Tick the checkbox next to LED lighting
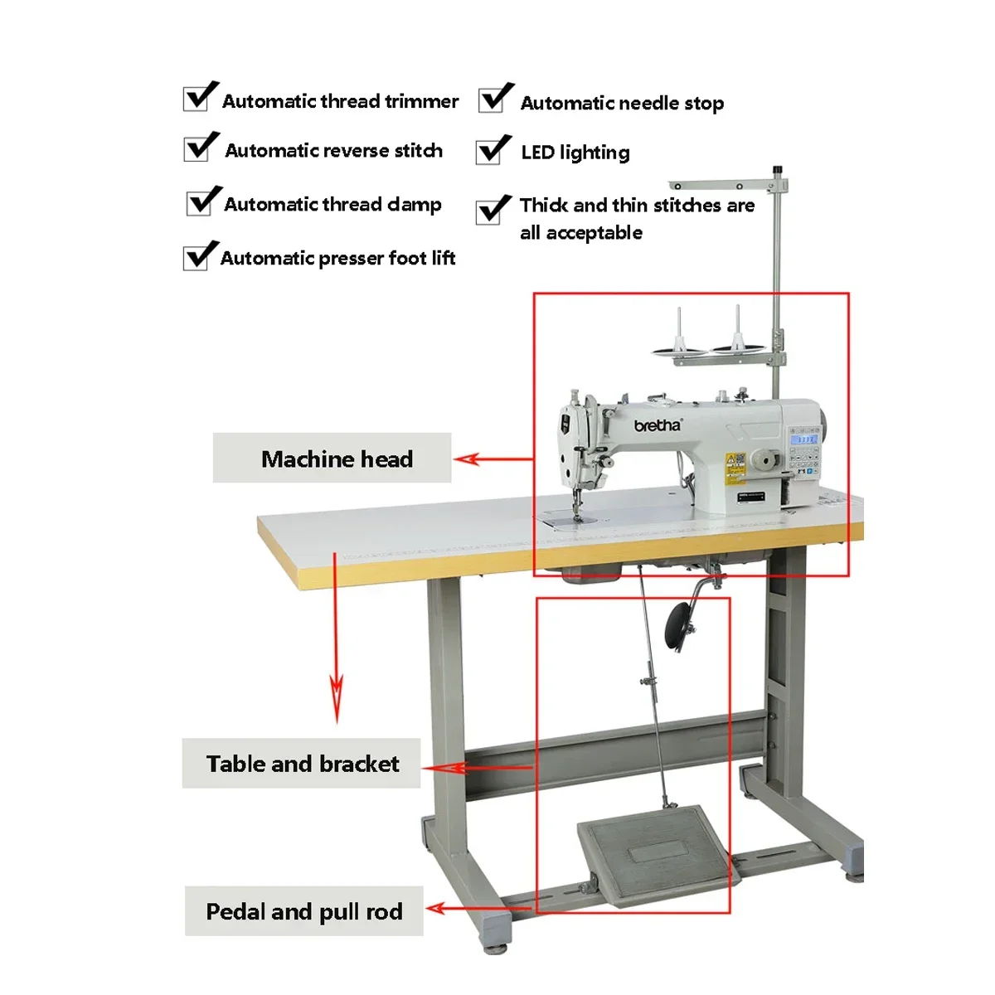coord(489,152)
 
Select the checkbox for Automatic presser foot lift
coord(197,258)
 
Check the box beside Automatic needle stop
coord(492,100)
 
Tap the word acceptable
coord(594,233)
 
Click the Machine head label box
coord(332,458)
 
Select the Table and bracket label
coord(302,764)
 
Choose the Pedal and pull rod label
coord(303,911)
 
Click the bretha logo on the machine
coord(658,425)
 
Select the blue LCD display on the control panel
coord(806,438)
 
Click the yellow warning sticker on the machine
coord(735,467)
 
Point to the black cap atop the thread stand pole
coord(778,171)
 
